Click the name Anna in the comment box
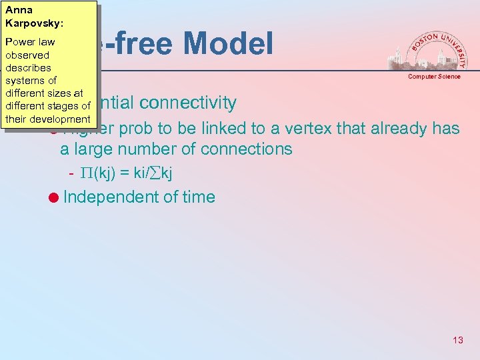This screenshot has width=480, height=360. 19,10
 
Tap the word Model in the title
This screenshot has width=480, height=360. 228,44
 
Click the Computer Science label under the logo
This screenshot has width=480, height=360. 434,77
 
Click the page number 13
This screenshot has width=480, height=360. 457,340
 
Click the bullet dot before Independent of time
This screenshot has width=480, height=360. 53,197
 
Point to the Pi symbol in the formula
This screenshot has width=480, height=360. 87,174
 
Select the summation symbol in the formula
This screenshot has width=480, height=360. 157,174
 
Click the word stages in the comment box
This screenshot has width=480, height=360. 61,106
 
